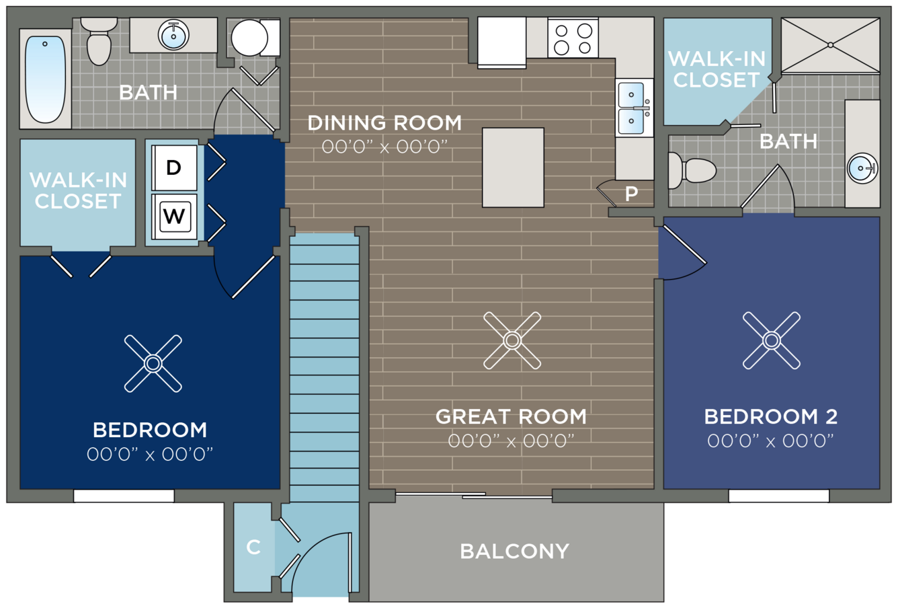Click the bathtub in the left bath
[45, 79]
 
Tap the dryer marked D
[174, 167]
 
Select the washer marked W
[174, 217]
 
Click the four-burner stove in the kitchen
[573, 38]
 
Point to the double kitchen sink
[635, 108]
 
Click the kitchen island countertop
[513, 167]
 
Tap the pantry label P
[631, 194]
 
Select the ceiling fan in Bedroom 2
[772, 340]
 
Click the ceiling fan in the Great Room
[512, 340]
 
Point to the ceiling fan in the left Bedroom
[153, 363]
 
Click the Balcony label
[515, 551]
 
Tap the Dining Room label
[384, 122]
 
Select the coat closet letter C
[253, 547]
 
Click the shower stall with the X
[830, 45]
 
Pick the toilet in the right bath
[692, 170]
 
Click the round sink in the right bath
[862, 168]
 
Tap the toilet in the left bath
[99, 41]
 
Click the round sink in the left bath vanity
[173, 36]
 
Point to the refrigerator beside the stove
[501, 42]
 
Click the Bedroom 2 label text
[771, 417]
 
